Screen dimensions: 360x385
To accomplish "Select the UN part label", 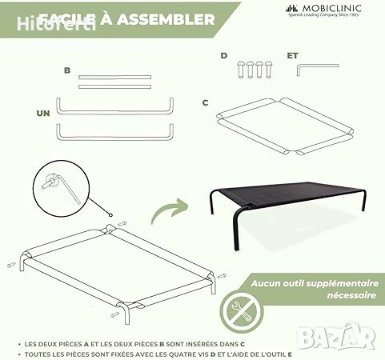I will [x=43, y=113].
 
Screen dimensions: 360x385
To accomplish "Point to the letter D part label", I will [x=224, y=56].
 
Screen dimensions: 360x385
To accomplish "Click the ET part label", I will [x=292, y=56].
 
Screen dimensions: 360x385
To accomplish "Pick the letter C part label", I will [x=206, y=102].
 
